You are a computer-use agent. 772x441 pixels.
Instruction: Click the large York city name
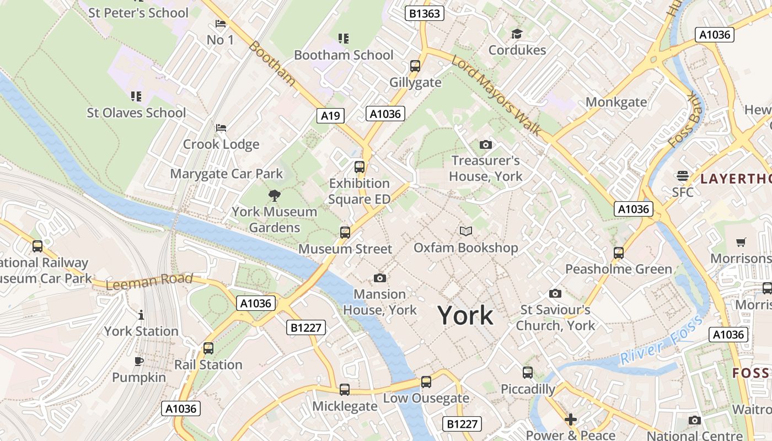pyautogui.click(x=465, y=316)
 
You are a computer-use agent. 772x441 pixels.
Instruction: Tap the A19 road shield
pyautogui.click(x=331, y=115)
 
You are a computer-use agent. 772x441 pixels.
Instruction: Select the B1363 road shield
pyautogui.click(x=424, y=13)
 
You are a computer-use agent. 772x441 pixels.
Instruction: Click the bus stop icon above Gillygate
pyautogui.click(x=415, y=66)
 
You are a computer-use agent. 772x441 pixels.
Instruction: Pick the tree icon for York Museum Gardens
pyautogui.click(x=274, y=195)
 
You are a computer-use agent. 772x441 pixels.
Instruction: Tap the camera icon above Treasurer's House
pyautogui.click(x=485, y=144)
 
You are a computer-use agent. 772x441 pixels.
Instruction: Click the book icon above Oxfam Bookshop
pyautogui.click(x=466, y=232)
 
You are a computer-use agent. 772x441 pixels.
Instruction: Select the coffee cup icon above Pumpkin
pyautogui.click(x=139, y=362)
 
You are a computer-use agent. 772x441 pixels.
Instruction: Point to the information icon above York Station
pyautogui.click(x=141, y=315)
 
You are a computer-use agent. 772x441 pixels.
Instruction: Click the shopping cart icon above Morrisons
pyautogui.click(x=741, y=242)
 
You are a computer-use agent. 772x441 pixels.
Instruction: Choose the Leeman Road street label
pyautogui.click(x=149, y=282)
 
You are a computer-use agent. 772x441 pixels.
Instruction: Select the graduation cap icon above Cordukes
pyautogui.click(x=517, y=34)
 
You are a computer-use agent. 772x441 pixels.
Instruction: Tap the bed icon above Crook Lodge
pyautogui.click(x=221, y=128)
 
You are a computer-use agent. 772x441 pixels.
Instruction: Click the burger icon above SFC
pyautogui.click(x=683, y=176)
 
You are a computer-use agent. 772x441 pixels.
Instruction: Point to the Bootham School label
pyautogui.click(x=344, y=55)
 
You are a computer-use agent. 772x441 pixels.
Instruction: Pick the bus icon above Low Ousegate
pyautogui.click(x=426, y=381)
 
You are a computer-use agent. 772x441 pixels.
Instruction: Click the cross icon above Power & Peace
pyautogui.click(x=571, y=420)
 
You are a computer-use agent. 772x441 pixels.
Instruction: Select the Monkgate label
pyautogui.click(x=616, y=102)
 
